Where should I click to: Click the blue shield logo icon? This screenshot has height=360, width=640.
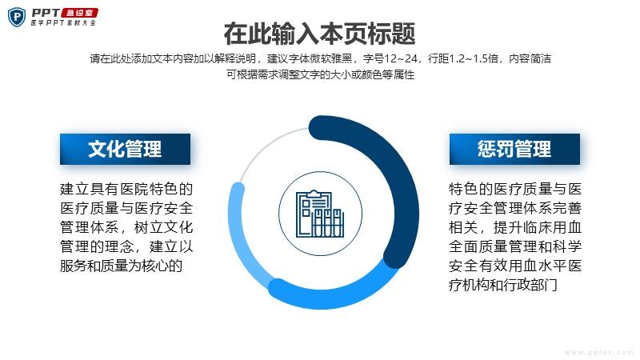tap(17, 18)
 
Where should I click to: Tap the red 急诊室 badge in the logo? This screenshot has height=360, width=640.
tap(79, 13)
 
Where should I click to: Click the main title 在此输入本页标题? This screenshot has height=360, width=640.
tap(319, 34)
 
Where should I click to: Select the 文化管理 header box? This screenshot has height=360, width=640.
tap(125, 149)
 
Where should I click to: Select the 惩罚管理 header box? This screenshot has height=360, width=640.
tap(514, 149)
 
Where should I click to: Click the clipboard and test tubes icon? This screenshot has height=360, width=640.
tap(319, 214)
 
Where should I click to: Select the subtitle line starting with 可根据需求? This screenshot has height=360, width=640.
tap(321, 74)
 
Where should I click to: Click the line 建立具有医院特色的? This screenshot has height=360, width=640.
tap(126, 189)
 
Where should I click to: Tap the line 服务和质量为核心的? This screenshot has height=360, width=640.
tap(121, 266)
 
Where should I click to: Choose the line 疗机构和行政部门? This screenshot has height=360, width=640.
tap(503, 285)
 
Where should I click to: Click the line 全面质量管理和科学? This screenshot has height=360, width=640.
tap(515, 246)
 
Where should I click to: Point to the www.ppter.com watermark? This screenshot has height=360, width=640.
tap(598, 352)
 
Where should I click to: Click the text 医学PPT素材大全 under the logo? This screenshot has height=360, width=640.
tap(64, 23)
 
